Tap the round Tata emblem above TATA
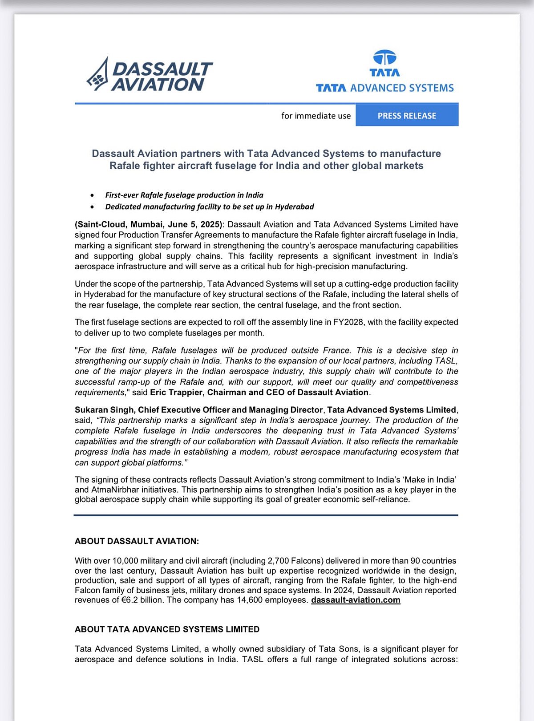pyautogui.click(x=384, y=57)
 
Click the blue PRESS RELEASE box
pyautogui.click(x=407, y=116)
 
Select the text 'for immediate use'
pyautogui.click(x=316, y=116)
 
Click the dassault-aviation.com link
pyautogui.click(x=356, y=600)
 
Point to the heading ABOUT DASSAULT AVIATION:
pyautogui.click(x=137, y=541)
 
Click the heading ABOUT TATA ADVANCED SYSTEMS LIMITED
pyautogui.click(x=167, y=629)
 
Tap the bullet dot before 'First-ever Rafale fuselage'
pyautogui.click(x=92, y=195)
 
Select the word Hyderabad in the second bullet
pyautogui.click(x=294, y=207)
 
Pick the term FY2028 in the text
pyautogui.click(x=348, y=322)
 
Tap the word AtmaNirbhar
pyautogui.click(x=115, y=490)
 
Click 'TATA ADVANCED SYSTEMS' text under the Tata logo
pyautogui.click(x=384, y=88)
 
